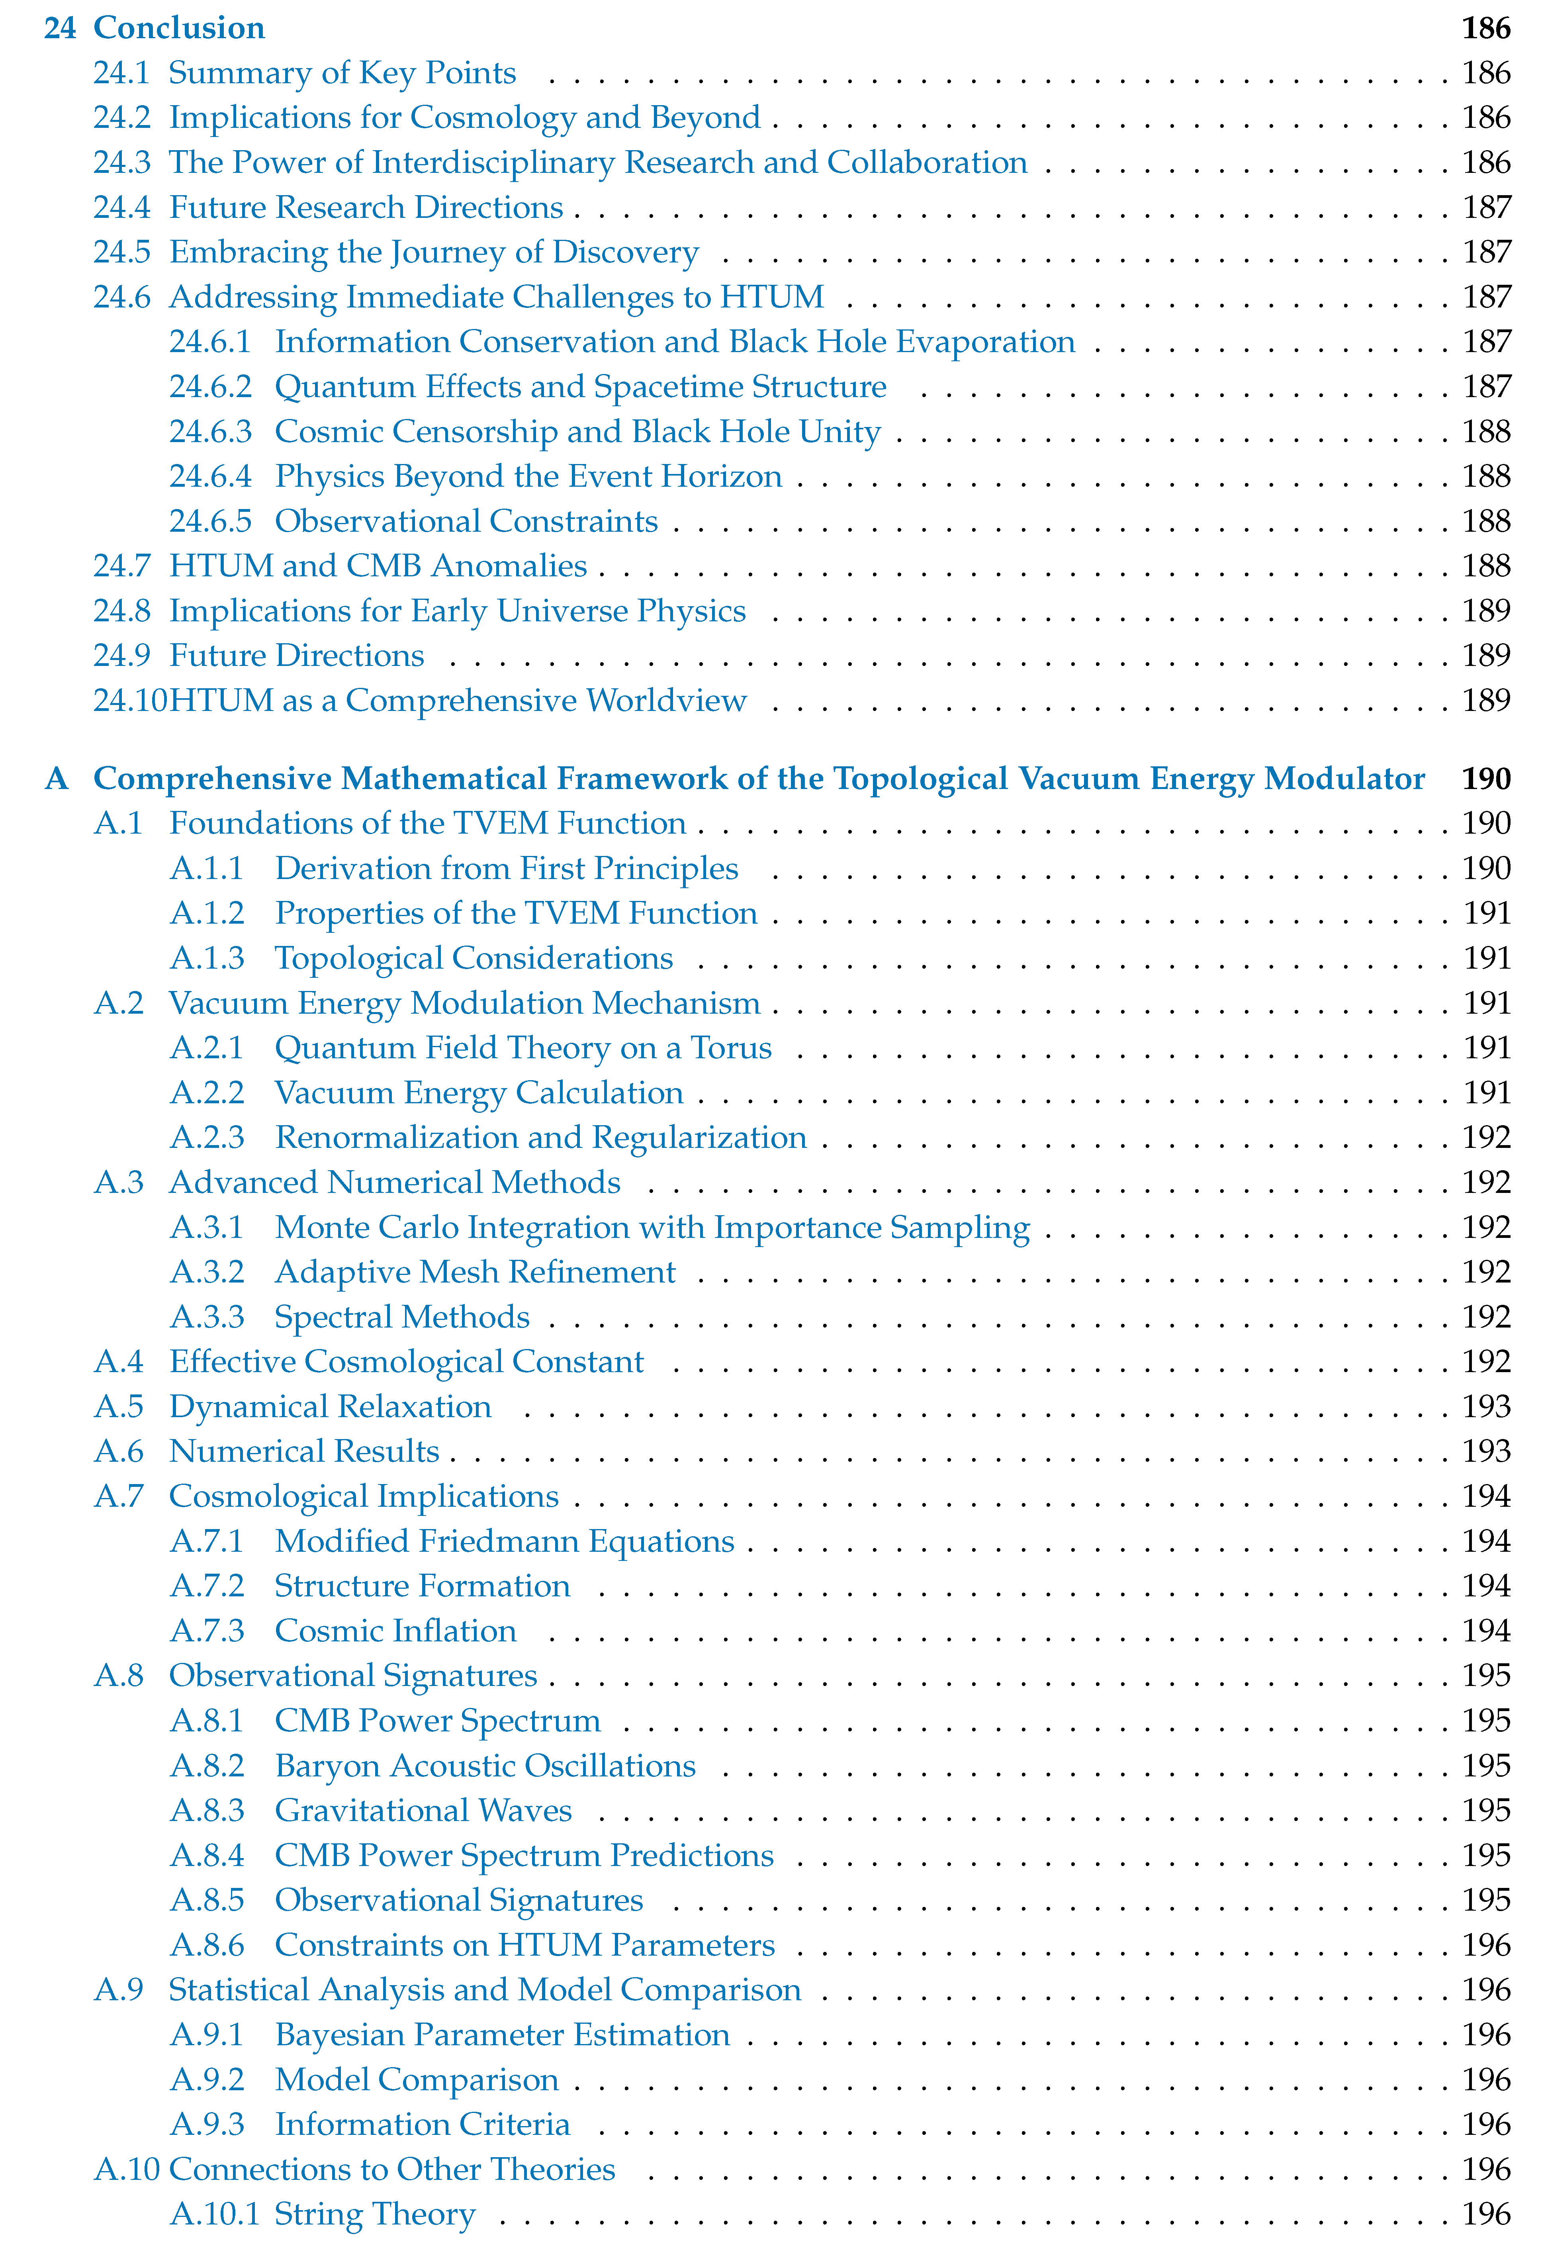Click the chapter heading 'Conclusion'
(x=179, y=28)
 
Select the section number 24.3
(x=122, y=163)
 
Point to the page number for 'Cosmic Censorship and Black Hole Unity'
(x=1486, y=432)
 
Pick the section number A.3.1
(x=207, y=1228)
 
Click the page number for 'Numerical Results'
(x=1486, y=1451)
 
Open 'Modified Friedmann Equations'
(x=504, y=1541)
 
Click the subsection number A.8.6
(x=207, y=1945)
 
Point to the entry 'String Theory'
(x=375, y=2214)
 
